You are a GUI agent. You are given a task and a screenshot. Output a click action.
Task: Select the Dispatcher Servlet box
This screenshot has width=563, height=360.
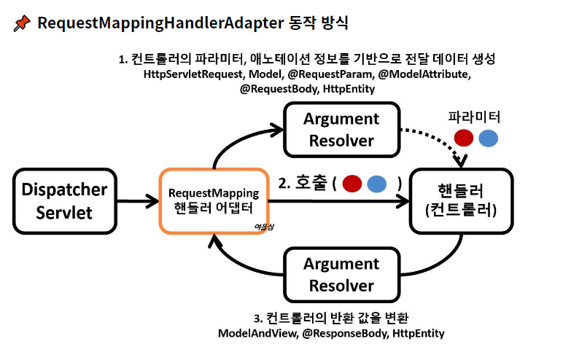[x=65, y=201]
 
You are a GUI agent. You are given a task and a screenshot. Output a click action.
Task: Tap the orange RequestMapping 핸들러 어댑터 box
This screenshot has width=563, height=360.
[x=213, y=201]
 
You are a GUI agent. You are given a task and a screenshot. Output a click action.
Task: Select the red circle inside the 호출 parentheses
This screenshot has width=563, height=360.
[x=352, y=184]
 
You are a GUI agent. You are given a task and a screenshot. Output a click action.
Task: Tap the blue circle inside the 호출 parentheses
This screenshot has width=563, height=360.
[x=376, y=184]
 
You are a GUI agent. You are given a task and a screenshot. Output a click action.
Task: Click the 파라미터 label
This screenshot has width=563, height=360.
[x=474, y=117]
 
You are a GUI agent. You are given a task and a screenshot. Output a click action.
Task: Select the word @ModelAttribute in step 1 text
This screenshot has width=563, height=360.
[x=422, y=74]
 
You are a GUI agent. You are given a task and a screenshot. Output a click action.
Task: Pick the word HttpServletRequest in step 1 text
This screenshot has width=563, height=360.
[x=195, y=74]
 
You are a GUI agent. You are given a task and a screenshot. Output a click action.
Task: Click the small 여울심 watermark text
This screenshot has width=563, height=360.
[x=263, y=226]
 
